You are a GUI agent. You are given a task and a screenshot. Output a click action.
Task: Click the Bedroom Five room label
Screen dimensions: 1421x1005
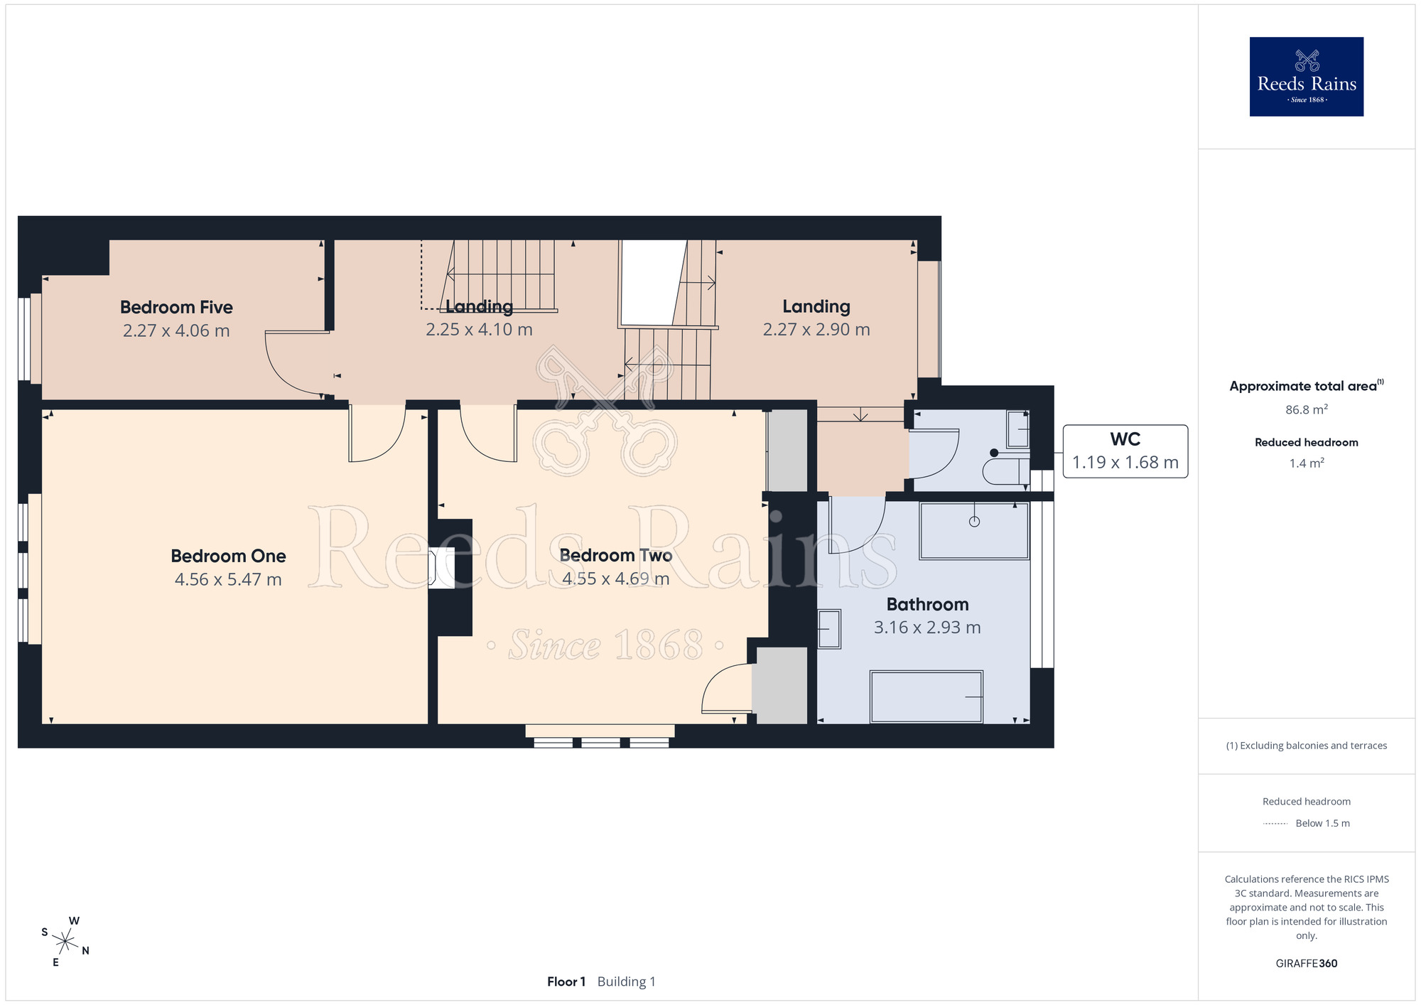pos(176,307)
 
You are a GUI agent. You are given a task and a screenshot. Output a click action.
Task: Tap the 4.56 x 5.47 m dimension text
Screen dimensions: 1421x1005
pos(228,579)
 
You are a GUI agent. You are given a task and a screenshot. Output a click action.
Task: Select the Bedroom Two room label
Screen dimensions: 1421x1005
pos(616,555)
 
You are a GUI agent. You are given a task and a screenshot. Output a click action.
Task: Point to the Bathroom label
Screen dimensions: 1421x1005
pos(927,604)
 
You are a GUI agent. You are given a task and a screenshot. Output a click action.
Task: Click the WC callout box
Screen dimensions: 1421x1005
pos(1125,451)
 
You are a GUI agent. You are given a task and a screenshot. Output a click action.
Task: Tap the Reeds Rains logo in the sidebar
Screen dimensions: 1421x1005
pos(1307,77)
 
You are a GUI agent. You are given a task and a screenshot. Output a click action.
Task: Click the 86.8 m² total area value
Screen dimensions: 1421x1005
pos(1307,409)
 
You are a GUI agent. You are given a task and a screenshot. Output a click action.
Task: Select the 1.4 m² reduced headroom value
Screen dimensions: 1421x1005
pos(1307,463)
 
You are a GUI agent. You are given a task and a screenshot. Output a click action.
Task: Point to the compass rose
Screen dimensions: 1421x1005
pos(65,942)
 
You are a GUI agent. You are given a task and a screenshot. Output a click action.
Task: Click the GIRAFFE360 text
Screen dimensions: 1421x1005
pos(1307,964)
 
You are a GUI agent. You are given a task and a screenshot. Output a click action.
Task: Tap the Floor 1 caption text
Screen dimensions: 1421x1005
pos(566,982)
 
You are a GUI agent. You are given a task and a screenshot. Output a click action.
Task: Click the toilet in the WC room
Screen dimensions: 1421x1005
pos(1005,471)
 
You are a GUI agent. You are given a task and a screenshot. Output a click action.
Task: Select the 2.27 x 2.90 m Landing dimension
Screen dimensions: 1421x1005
pos(816,330)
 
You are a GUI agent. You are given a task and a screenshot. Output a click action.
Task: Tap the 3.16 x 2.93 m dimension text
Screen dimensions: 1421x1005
pos(927,628)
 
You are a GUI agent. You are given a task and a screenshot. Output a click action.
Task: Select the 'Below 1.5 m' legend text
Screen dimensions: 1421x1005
pos(1322,823)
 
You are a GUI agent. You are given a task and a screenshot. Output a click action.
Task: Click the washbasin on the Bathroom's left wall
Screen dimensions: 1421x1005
pos(828,629)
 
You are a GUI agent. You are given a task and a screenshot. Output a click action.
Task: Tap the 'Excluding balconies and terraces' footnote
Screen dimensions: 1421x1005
pos(1307,746)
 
